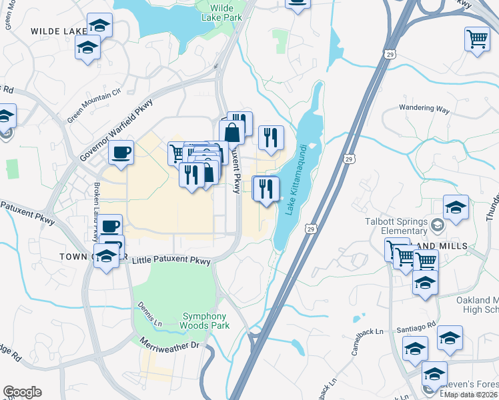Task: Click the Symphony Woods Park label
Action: point(204,321)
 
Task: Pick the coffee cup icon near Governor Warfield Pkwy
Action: point(121,153)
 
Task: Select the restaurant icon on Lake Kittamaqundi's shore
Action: point(266,189)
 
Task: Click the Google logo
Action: point(22,392)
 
